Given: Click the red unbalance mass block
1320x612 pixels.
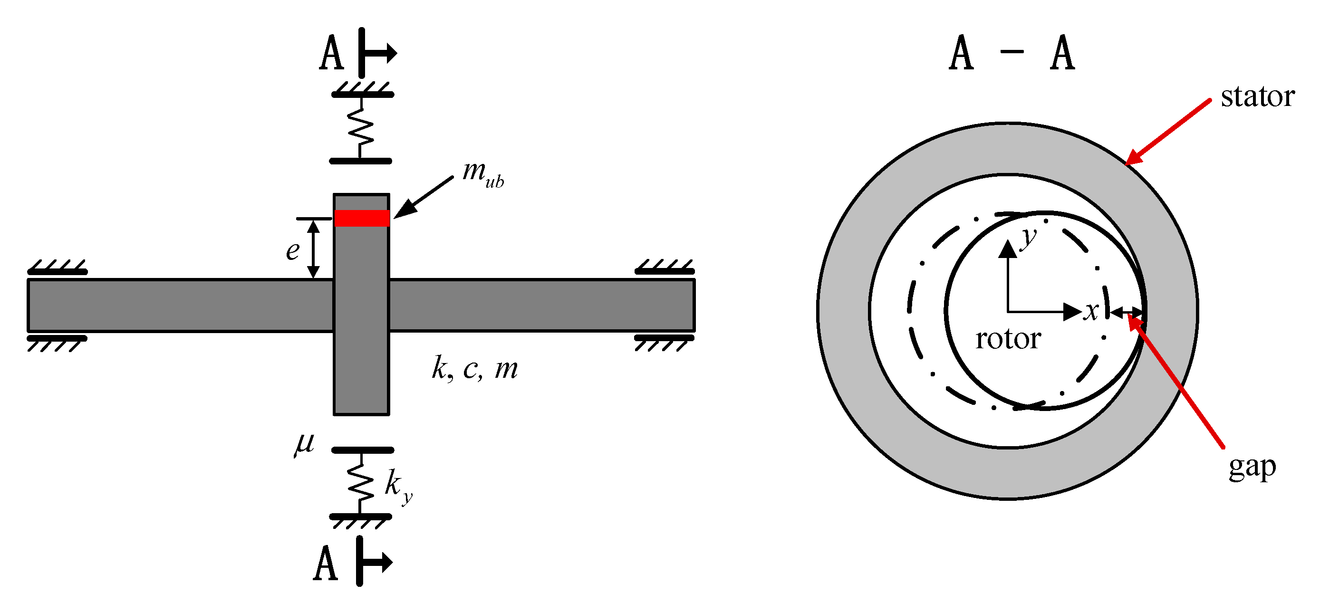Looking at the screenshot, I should coord(362,218).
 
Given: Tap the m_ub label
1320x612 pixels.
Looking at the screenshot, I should coord(482,174).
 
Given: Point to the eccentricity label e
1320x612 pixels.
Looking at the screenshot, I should coord(293,251).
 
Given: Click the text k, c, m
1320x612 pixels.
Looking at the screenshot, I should coord(474,369).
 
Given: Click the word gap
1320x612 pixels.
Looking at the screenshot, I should coord(1252,468).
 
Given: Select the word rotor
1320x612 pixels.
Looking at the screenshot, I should coord(1008,339).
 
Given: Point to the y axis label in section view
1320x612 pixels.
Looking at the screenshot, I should coord(1027,239).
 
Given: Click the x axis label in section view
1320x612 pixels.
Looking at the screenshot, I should coord(1090,311).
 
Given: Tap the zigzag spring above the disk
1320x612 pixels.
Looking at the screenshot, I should coord(361,128).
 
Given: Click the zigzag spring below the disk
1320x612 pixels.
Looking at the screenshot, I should coord(361,482).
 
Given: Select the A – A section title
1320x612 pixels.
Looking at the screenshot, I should coord(1012,53).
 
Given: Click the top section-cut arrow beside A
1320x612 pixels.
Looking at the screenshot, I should coord(377,53).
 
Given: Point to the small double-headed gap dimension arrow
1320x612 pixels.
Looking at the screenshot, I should coord(1127,311).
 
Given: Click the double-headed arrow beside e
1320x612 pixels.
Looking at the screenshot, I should coord(314,249).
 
